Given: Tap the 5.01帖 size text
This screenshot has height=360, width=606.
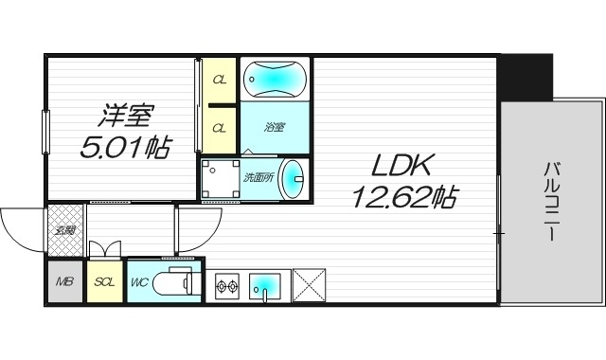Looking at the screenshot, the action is click(x=125, y=147).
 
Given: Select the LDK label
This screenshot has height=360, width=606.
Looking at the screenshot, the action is click(x=401, y=168).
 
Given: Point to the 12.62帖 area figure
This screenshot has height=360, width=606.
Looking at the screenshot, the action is click(x=404, y=197).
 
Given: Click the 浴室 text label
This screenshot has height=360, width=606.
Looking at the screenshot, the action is click(x=274, y=126).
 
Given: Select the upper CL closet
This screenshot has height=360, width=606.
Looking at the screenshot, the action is click(x=219, y=79).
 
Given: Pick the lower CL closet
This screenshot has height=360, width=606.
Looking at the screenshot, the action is click(x=219, y=128).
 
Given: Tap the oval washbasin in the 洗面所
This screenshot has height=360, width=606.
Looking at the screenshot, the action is click(x=294, y=177).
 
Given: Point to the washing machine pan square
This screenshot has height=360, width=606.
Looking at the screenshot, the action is click(x=221, y=178).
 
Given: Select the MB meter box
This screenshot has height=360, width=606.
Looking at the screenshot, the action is click(x=64, y=281).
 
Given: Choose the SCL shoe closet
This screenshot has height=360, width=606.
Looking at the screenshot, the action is click(x=104, y=281).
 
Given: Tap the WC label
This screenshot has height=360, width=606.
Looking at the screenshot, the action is click(x=138, y=281).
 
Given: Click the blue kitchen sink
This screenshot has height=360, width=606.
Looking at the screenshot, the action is click(x=267, y=283).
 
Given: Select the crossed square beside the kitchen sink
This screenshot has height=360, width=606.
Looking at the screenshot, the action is click(x=309, y=283).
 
